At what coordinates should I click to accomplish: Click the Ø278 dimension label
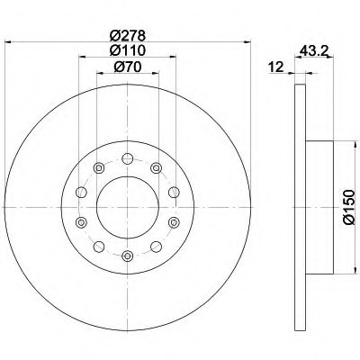[x=128, y=36]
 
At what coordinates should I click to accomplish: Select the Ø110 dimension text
[x=128, y=50]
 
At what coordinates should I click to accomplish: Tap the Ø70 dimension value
[x=128, y=67]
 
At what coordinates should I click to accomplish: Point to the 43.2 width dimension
[x=313, y=51]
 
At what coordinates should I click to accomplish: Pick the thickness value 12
[x=276, y=67]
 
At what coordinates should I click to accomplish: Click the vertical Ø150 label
[x=349, y=207]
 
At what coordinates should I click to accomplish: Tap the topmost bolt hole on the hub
[x=128, y=158]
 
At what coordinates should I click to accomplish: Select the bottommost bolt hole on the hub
[x=128, y=256]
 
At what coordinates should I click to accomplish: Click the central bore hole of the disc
[x=128, y=207]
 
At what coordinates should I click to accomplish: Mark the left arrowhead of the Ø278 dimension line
[x=8, y=42]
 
